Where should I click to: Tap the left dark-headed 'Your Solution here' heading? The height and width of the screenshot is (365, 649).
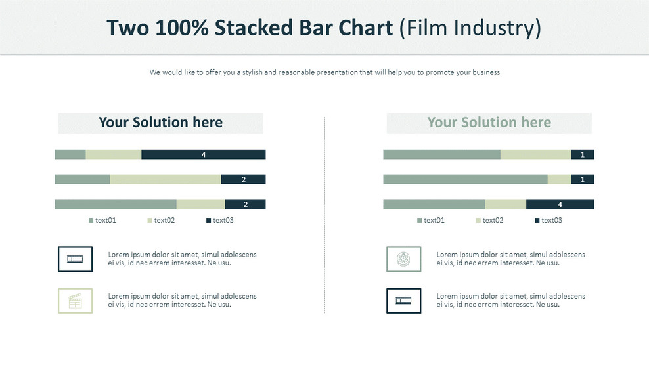click(x=160, y=123)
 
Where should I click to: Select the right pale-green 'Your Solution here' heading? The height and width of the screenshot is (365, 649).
click(x=489, y=123)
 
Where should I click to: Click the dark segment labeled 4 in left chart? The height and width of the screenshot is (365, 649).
click(x=204, y=154)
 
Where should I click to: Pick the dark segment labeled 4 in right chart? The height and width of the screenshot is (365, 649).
click(x=560, y=204)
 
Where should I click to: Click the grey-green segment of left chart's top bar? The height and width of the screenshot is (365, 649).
click(x=70, y=154)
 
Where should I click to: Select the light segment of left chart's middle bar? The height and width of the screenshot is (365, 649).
click(x=165, y=179)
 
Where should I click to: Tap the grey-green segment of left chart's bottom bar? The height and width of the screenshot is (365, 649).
click(x=115, y=204)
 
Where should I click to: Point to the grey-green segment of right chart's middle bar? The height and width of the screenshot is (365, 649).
click(x=465, y=179)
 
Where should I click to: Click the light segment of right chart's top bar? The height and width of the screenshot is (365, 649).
click(x=535, y=154)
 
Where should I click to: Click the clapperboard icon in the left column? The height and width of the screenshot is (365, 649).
click(x=76, y=301)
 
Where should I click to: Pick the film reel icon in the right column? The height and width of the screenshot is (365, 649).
click(x=403, y=259)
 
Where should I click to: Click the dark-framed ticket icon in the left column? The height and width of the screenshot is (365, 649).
click(x=76, y=259)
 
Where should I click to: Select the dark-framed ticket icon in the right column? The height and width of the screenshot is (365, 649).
click(x=403, y=301)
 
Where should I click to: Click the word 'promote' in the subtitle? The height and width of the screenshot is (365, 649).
click(x=439, y=72)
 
